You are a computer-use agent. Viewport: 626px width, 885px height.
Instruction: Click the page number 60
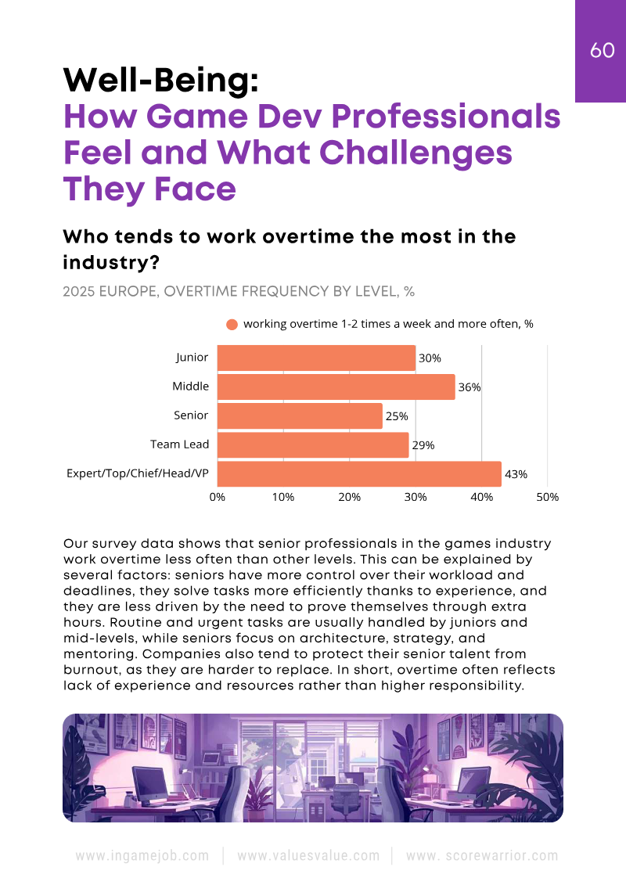602,50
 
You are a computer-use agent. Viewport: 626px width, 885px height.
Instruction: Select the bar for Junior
316,358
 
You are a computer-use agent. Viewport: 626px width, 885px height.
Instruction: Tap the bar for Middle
336,387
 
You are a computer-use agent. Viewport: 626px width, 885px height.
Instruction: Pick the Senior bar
300,416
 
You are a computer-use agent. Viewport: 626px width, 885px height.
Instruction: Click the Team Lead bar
313,444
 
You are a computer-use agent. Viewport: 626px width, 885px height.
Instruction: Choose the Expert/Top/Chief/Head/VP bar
359,473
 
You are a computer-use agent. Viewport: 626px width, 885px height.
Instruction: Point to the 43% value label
516,474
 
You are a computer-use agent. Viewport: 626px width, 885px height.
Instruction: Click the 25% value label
397,416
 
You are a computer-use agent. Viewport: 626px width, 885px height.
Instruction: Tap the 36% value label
469,387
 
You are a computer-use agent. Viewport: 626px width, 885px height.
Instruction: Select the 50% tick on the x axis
547,497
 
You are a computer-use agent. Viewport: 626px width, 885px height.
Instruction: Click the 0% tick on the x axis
218,497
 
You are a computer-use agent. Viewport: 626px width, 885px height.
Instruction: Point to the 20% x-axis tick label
349,497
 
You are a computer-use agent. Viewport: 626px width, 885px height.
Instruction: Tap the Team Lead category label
179,444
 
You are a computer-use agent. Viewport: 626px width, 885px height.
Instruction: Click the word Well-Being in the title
160,80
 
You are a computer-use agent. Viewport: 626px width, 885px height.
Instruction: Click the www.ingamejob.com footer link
142,855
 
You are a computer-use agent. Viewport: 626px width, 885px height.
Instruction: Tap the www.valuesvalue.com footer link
308,855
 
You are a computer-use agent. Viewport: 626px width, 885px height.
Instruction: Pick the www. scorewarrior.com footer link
483,855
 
